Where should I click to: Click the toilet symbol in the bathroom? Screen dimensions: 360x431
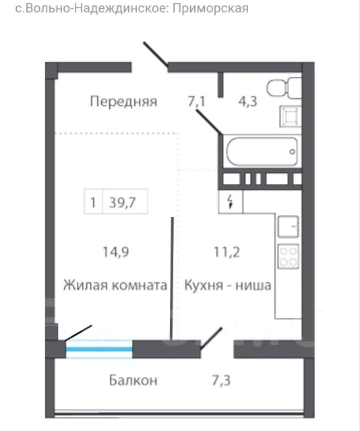(x=284, y=88)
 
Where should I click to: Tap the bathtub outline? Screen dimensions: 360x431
(x=262, y=151)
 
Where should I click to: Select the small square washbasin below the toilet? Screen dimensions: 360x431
(x=291, y=117)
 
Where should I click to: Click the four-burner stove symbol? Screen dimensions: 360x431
(x=288, y=256)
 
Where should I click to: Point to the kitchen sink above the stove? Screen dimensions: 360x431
(x=288, y=226)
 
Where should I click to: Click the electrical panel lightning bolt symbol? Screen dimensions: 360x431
(x=231, y=202)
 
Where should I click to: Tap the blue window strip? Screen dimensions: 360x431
(x=99, y=349)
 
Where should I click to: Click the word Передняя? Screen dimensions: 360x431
(x=123, y=102)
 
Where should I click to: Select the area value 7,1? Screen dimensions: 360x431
(x=196, y=102)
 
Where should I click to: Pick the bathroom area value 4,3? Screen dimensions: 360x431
(x=247, y=102)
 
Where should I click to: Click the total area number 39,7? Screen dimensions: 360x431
(x=123, y=203)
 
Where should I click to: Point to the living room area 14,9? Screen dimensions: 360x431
(x=116, y=252)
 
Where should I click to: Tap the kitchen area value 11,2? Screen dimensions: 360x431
(x=227, y=252)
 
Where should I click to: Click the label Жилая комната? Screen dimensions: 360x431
(x=115, y=285)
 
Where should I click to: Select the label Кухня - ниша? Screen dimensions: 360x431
(x=228, y=285)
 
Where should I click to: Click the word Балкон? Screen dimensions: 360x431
(x=133, y=380)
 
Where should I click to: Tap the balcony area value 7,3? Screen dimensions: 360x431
(x=221, y=380)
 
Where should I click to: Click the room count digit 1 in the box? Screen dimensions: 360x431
(x=93, y=203)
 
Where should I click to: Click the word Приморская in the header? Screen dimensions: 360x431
(x=210, y=9)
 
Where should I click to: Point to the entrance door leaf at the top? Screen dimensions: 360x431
(x=156, y=55)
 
